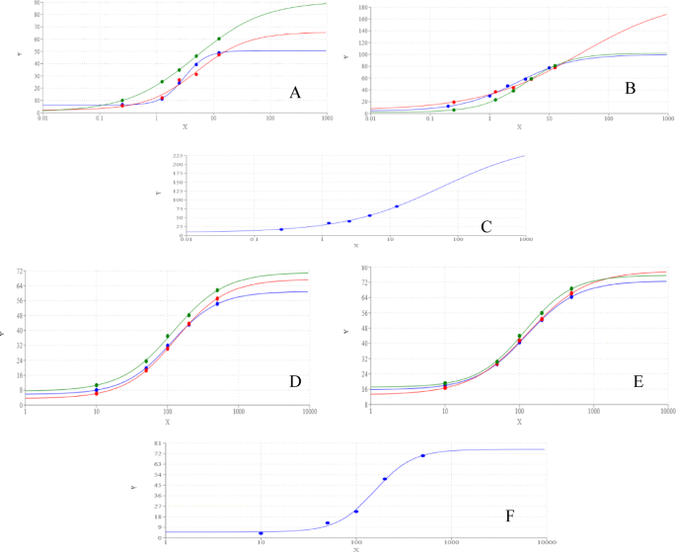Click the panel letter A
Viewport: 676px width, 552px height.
[294, 93]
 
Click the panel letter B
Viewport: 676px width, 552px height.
[629, 89]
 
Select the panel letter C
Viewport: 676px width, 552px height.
[486, 226]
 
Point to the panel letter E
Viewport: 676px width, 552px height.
[638, 380]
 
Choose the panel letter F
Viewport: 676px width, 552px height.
[508, 515]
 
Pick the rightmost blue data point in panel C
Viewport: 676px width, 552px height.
[397, 206]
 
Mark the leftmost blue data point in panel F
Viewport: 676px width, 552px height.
[261, 533]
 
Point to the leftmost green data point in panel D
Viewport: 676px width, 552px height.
[96, 385]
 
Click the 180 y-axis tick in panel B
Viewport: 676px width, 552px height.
[360, 7]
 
